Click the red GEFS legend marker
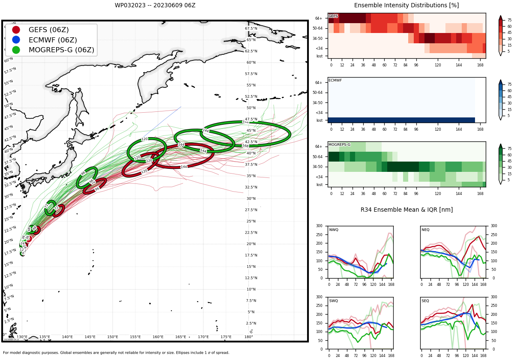[x=16, y=30]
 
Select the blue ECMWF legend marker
[x=16, y=40]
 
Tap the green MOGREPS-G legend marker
[x=16, y=50]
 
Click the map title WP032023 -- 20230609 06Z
[x=155, y=6]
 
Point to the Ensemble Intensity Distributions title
[x=406, y=6]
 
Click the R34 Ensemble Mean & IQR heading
[x=406, y=210]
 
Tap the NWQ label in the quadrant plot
[x=334, y=230]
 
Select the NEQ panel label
[x=425, y=230]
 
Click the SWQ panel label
[x=334, y=301]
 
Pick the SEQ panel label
[x=425, y=301]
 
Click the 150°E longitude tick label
[x=113, y=337]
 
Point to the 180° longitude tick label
[x=248, y=337]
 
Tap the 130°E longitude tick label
[x=22, y=337]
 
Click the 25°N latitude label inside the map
[x=251, y=222]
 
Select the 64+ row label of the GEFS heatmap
[x=319, y=18]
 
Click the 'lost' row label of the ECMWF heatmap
[x=319, y=120]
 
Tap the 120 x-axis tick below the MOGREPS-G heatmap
[x=438, y=193]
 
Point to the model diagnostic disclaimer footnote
[x=116, y=353]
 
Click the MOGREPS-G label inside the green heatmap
[x=339, y=145]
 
